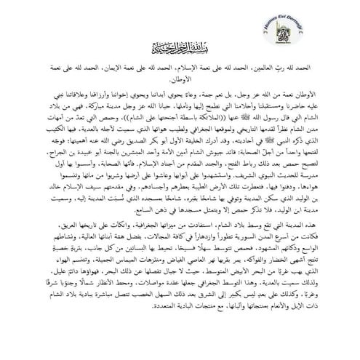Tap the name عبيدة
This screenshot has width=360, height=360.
(x=80, y=159)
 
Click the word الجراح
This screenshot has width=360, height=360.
(x=52, y=159)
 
